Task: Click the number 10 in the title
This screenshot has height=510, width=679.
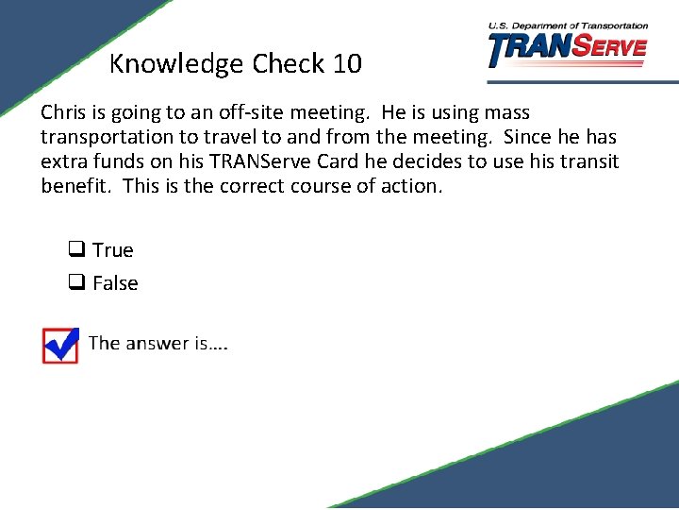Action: click(x=346, y=64)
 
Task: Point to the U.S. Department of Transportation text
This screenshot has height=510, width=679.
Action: click(x=568, y=26)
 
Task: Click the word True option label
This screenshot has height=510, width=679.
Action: click(x=113, y=250)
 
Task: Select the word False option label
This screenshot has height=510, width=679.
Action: click(x=115, y=283)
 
